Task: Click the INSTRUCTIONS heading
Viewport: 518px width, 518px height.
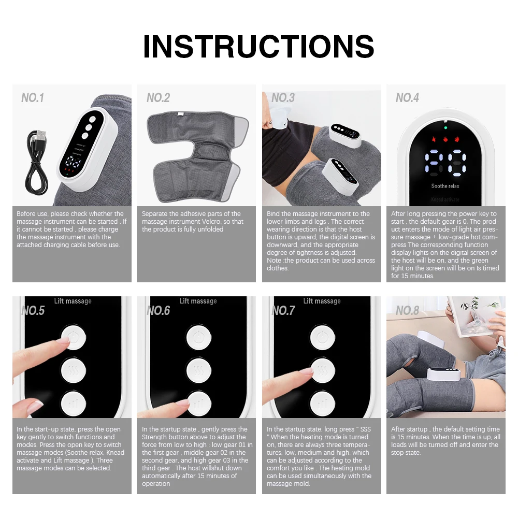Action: (x=258, y=46)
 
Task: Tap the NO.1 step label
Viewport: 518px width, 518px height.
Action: (x=33, y=98)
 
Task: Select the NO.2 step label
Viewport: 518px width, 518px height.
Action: (x=158, y=98)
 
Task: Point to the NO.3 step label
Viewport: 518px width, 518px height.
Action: (x=283, y=98)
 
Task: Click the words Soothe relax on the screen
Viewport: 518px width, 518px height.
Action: (x=445, y=186)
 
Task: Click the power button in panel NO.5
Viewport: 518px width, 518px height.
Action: (x=73, y=337)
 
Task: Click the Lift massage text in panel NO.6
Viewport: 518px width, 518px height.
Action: (x=198, y=301)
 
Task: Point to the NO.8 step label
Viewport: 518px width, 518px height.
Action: (x=407, y=310)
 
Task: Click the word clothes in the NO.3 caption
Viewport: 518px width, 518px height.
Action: (x=278, y=268)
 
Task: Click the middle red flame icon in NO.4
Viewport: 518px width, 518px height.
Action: (x=445, y=140)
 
